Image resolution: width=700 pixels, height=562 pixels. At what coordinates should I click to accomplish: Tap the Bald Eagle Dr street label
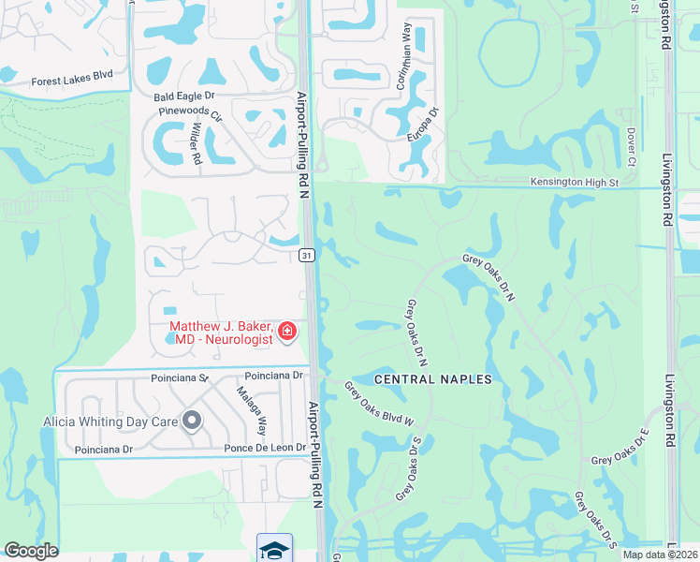point(184,96)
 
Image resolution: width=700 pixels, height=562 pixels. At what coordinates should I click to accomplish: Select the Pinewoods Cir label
point(191,114)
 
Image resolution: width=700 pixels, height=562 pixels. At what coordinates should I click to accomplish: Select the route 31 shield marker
point(306,255)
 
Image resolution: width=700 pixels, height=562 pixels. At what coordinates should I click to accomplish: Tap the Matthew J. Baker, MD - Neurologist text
point(221,333)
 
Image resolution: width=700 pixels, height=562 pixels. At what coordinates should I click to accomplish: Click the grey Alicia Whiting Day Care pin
point(193,421)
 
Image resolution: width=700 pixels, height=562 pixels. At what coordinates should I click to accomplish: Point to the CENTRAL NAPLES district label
point(432,379)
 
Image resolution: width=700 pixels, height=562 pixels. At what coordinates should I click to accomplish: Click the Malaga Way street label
point(251,412)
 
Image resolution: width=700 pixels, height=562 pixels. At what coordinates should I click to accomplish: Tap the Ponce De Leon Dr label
point(265,448)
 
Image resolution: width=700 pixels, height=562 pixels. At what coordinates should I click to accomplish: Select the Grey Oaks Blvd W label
point(379,404)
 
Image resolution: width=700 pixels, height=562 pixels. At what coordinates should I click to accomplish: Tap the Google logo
point(31,551)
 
